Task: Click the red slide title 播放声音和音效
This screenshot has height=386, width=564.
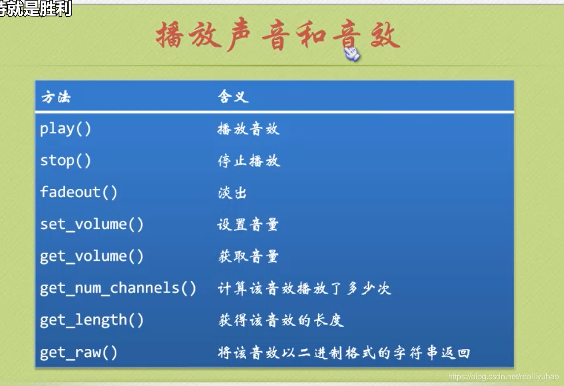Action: [278, 35]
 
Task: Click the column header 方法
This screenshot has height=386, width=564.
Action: [56, 97]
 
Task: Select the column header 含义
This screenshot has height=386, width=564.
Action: [233, 96]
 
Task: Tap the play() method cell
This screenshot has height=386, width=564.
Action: [65, 129]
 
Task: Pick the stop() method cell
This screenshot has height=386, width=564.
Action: [65, 161]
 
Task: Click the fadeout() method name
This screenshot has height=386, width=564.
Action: [79, 192]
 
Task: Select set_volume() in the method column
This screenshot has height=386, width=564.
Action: [92, 224]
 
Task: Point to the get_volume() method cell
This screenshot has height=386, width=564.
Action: [92, 256]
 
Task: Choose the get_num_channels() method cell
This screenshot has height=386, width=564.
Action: [118, 288]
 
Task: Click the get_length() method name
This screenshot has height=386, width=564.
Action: [92, 320]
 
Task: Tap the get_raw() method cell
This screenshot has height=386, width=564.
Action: [79, 352]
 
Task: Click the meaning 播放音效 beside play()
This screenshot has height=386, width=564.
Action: [248, 129]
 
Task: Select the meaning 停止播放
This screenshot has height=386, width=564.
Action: [249, 161]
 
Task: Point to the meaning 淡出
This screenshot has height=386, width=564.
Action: [232, 193]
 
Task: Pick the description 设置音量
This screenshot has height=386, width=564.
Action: [248, 224]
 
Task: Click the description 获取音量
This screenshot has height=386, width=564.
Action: [248, 257]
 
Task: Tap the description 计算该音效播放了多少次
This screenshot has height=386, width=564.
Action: [304, 289]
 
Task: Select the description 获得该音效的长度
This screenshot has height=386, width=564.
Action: [281, 320]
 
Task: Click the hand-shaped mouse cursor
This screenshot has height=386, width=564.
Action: [351, 53]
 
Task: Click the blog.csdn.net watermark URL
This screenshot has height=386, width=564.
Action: [503, 377]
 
